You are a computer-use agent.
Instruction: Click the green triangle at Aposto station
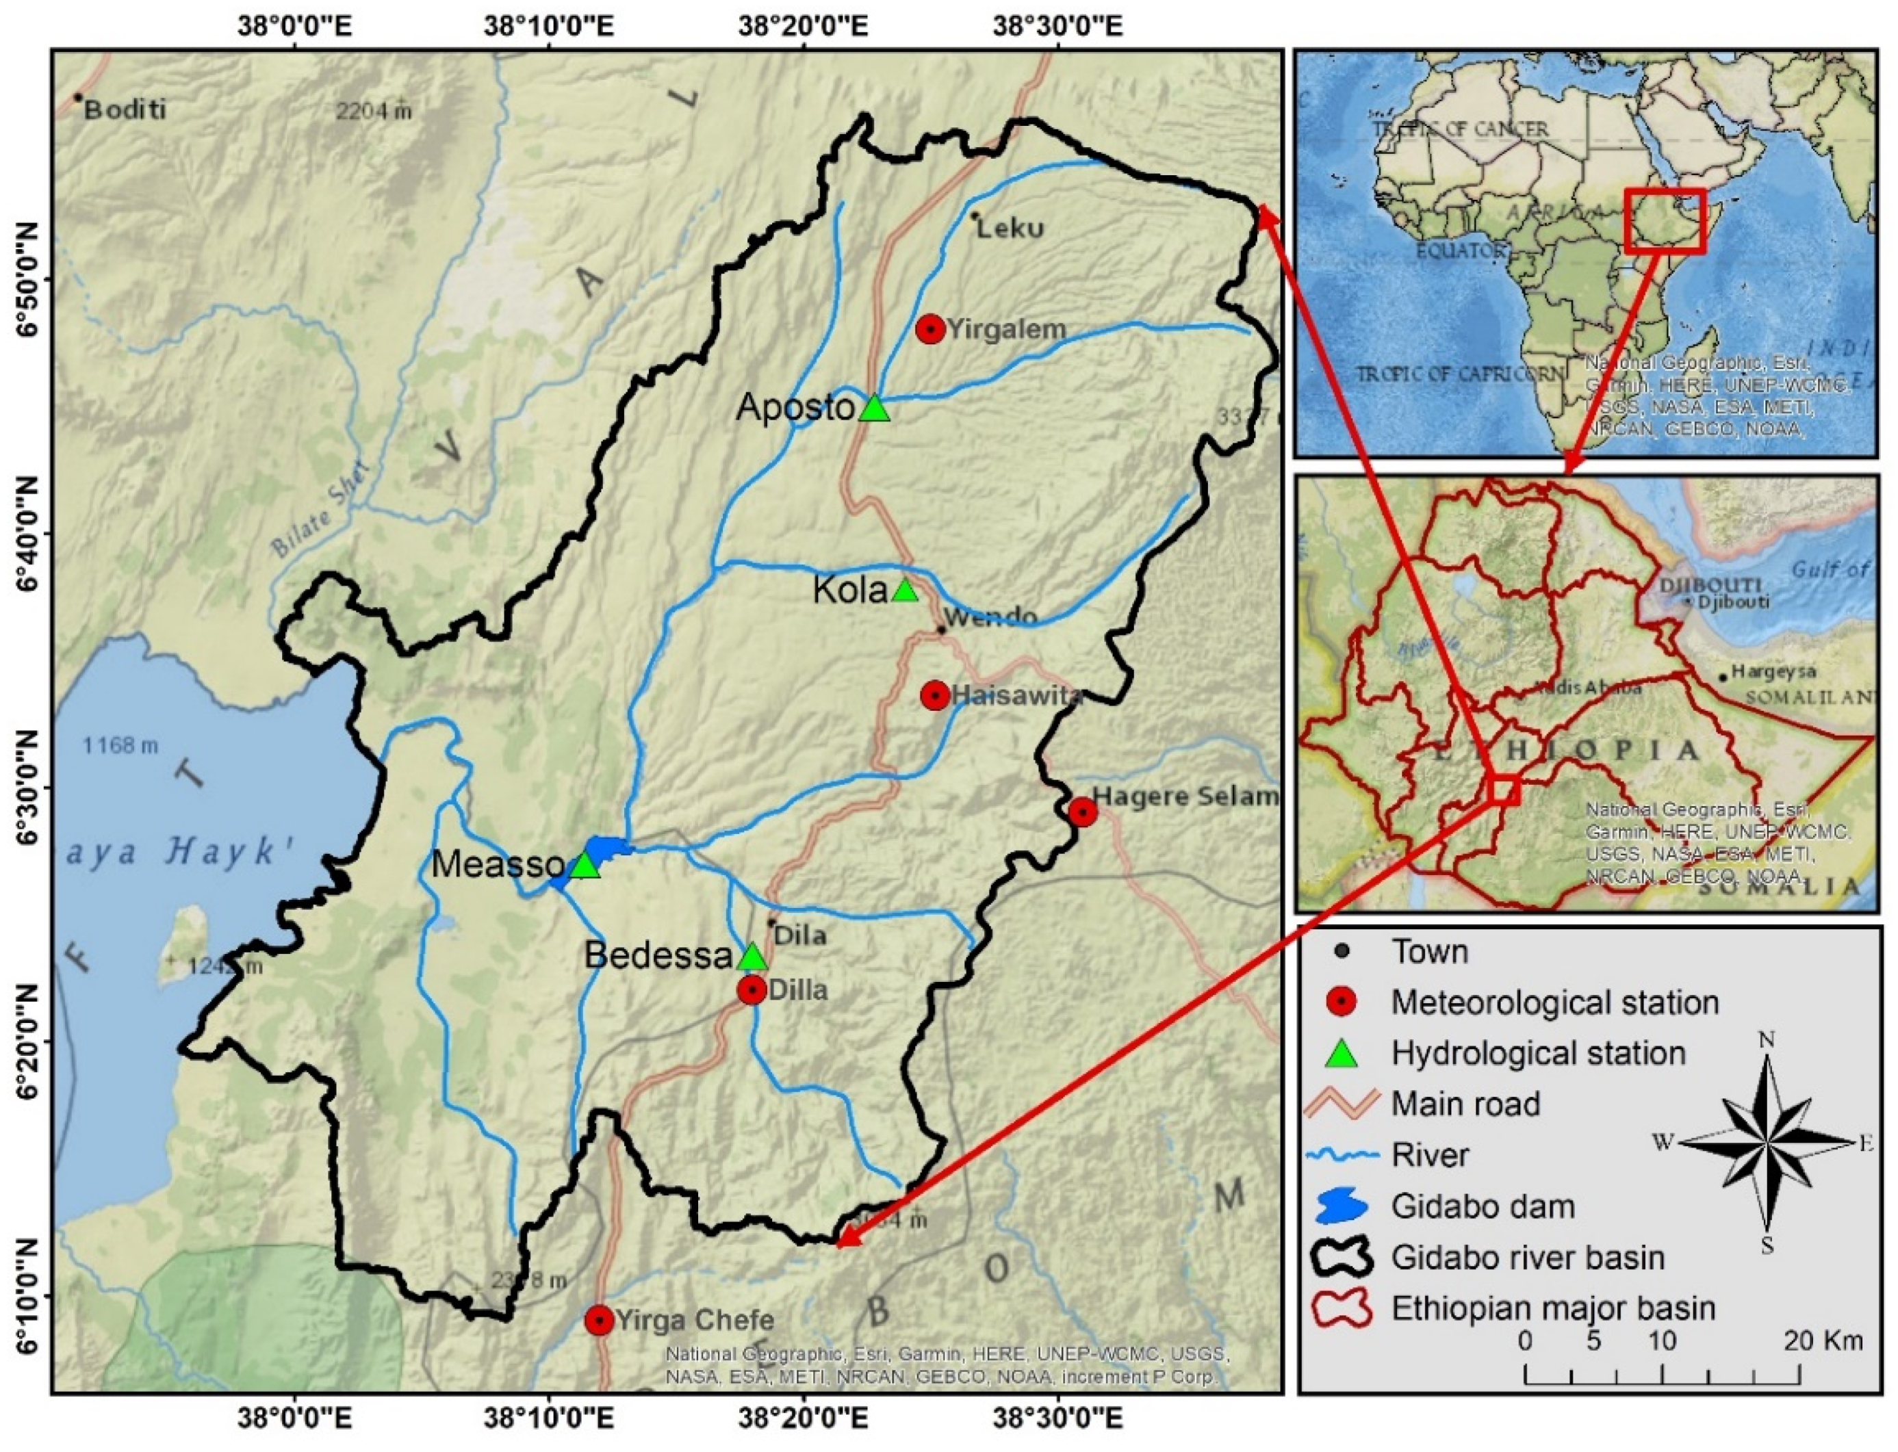coord(875,408)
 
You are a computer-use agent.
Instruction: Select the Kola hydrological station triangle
coord(904,591)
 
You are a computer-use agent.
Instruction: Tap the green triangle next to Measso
coord(585,865)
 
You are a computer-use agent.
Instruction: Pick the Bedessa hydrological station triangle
coord(753,957)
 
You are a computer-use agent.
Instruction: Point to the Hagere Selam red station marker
coord(1082,812)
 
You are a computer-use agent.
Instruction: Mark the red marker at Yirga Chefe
coord(599,1320)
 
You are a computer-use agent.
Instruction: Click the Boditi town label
coord(125,109)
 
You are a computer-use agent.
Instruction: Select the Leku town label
coord(1010,228)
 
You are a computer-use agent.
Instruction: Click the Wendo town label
coord(990,617)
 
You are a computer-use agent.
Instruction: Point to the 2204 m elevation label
coord(374,112)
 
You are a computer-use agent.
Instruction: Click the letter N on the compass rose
coord(1767,1040)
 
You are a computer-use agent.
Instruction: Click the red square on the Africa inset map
coord(1665,220)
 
